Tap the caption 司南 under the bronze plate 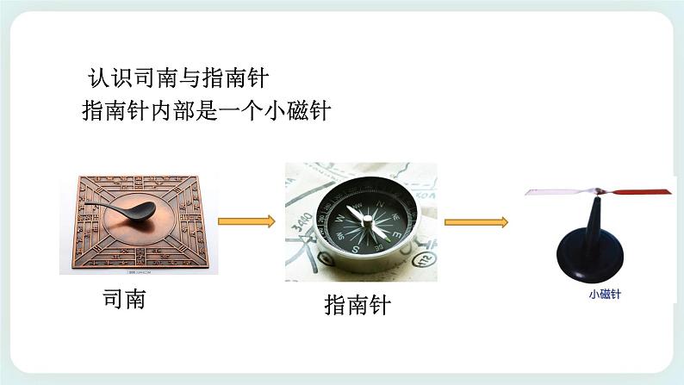124,299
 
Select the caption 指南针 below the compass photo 357,306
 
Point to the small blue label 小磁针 605,294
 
